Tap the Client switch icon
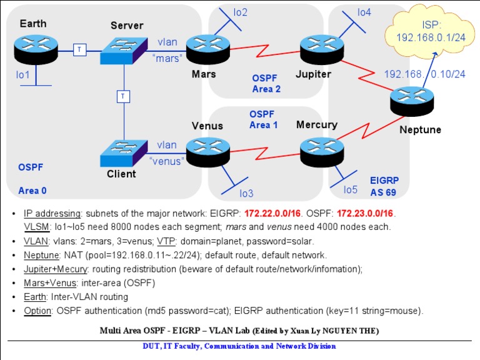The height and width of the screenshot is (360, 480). coord(124,151)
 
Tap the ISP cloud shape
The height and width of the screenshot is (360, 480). coord(430,31)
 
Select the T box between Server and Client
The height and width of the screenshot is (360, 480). coord(124,96)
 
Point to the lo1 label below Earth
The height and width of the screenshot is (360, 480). coord(23,75)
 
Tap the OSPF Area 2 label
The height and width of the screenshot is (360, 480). coord(266,83)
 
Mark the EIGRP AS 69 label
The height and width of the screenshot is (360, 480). coord(384,184)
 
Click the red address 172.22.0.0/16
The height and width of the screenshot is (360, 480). coord(274,213)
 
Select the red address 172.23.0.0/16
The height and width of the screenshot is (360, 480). coord(362,213)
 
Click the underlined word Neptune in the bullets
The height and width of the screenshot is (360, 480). coord(41,255)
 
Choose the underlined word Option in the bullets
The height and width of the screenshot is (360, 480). coord(38,310)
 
